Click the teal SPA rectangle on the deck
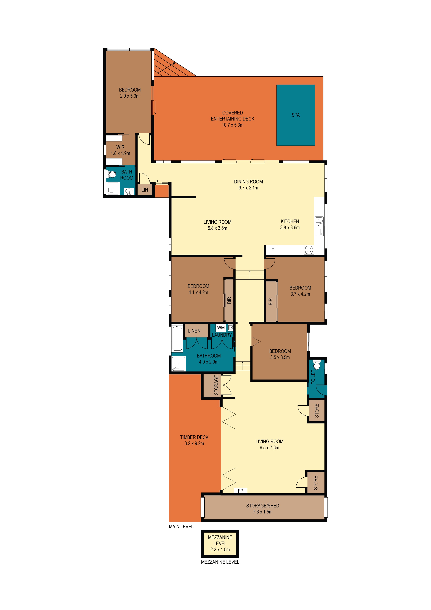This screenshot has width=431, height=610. click(x=296, y=115)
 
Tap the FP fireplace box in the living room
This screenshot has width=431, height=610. click(x=240, y=491)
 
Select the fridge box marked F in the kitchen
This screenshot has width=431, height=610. click(x=272, y=250)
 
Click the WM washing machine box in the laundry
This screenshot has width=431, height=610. click(x=221, y=328)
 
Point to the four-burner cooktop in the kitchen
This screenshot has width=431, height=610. click(x=309, y=250)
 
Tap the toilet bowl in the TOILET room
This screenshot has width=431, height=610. click(x=317, y=365)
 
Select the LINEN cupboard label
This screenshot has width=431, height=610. click(x=194, y=331)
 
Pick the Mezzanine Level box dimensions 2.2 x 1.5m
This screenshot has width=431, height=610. click(x=220, y=550)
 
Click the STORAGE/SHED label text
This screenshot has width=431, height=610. click(x=263, y=506)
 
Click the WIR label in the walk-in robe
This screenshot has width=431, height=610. click(x=120, y=147)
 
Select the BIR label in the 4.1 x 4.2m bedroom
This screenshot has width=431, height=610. click(x=229, y=300)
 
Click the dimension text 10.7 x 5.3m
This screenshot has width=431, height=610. click(x=233, y=125)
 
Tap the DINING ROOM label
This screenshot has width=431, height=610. click(x=248, y=182)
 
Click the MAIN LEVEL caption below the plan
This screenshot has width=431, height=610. click(x=181, y=527)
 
